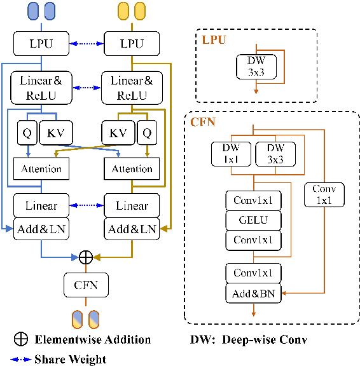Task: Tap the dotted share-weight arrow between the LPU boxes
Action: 87,43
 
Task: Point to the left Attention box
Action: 42,169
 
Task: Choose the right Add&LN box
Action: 132,229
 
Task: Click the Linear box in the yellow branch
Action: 132,206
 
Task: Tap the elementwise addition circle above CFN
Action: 86,257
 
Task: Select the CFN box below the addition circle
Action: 86,284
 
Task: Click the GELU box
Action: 253,220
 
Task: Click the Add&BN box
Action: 253,293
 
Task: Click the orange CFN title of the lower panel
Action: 204,121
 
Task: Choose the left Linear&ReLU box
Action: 42,88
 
